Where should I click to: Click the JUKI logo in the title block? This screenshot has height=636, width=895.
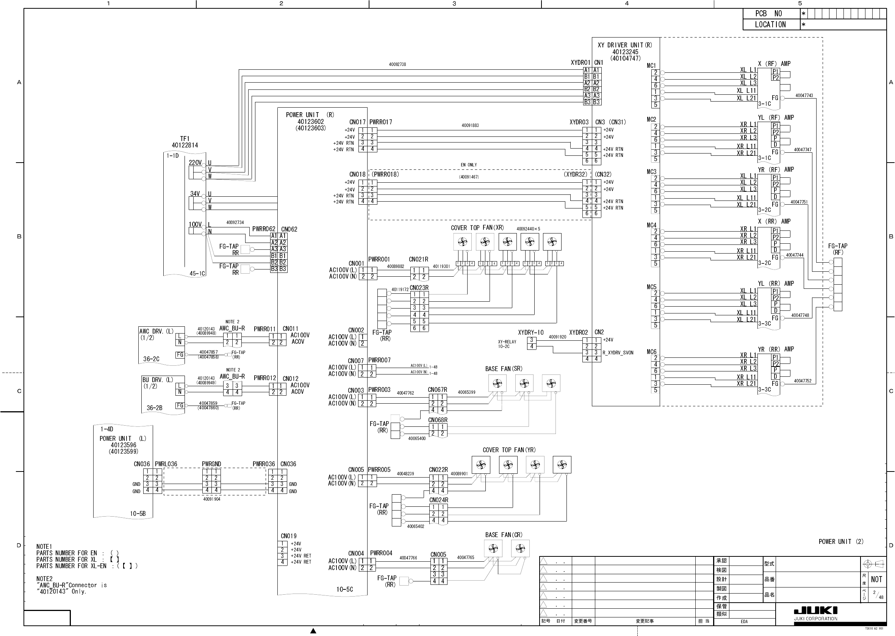coord(815,611)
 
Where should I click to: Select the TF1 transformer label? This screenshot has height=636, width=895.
coord(185,139)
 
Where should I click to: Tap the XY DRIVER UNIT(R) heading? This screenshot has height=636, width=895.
coord(625,45)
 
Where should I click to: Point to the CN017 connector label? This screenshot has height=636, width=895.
coord(357,122)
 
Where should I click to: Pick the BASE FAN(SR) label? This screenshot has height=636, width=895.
coord(504,369)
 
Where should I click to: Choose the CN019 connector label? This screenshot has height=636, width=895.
coord(289,536)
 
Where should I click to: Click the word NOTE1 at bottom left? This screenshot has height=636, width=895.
coord(44,547)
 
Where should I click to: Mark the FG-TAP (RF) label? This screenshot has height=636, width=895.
coord(837,249)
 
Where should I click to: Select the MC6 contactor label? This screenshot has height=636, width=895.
coord(651,352)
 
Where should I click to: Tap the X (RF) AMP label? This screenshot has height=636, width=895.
coord(774,64)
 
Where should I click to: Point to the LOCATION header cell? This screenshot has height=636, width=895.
coord(770,25)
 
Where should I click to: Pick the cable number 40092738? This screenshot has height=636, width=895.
coord(397,64)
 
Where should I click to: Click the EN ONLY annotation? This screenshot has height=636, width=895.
coord(469,165)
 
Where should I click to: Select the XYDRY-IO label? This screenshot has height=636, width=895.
coord(530,332)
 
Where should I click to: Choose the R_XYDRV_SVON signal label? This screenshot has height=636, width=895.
coord(618,353)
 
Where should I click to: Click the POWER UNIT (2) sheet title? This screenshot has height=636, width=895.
coord(840,542)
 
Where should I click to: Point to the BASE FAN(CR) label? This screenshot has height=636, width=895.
coord(504,535)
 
